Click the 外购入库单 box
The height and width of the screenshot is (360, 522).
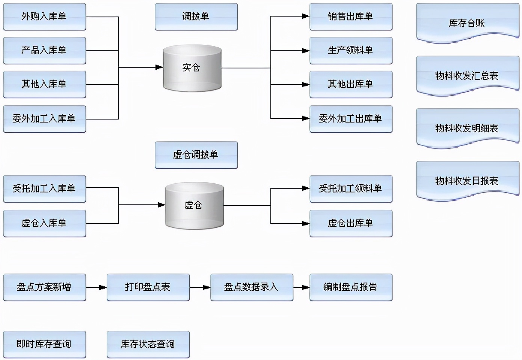(44, 17)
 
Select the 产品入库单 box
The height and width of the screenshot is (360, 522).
(44, 50)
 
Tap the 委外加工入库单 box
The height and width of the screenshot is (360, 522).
(44, 119)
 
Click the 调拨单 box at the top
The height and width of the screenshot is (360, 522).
(196, 17)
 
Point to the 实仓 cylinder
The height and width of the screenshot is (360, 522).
(192, 68)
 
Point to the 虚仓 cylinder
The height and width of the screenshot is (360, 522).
(194, 205)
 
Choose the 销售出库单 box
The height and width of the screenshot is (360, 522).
(351, 17)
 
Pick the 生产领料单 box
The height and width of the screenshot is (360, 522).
(351, 50)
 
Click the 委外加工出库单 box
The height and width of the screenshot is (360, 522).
(351, 119)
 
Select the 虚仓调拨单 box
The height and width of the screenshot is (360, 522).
(196, 155)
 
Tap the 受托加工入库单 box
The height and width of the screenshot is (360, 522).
(44, 189)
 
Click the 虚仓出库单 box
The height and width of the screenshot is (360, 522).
(351, 223)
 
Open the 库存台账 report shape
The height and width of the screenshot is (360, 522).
(468, 23)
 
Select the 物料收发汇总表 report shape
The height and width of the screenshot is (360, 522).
(468, 76)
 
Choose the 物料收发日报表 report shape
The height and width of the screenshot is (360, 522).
(468, 181)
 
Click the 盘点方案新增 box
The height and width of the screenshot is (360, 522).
(44, 287)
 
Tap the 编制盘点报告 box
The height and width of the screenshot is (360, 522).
(351, 287)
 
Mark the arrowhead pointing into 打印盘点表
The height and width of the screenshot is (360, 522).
(103, 287)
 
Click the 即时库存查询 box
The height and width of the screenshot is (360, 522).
(44, 344)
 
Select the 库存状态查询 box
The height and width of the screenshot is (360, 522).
(148, 344)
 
